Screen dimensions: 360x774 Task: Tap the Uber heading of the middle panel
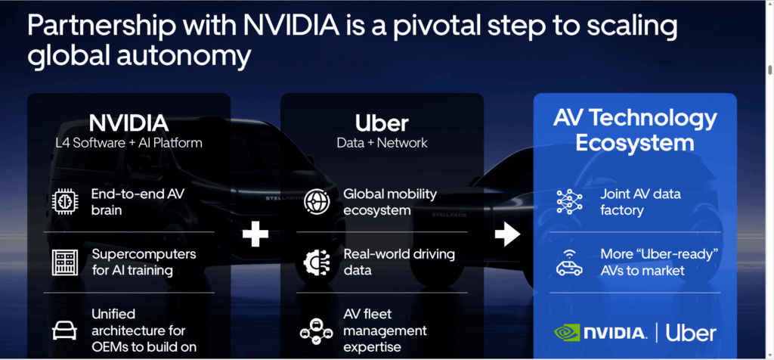point(382,123)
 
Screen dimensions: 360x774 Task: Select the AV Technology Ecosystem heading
point(635,129)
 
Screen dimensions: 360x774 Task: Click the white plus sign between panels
point(255,235)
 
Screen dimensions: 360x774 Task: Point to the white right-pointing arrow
point(508,235)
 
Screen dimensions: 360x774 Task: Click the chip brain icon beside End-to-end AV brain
point(65,201)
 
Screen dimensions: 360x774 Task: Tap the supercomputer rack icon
point(65,262)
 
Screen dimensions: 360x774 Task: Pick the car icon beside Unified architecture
point(65,330)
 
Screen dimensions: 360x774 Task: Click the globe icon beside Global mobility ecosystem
point(317,202)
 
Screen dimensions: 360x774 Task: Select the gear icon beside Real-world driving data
point(317,262)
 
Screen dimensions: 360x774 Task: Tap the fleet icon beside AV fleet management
point(317,331)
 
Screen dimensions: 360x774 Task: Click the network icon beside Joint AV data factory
point(569,202)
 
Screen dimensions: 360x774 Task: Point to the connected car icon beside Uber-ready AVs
point(569,262)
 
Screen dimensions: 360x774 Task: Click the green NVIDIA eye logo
point(568,332)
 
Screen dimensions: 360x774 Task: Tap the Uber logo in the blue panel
point(691,332)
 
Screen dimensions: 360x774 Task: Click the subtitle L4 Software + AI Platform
point(128,142)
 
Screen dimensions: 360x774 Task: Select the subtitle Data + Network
point(382,142)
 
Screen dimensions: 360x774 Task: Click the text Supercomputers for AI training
point(144,262)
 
